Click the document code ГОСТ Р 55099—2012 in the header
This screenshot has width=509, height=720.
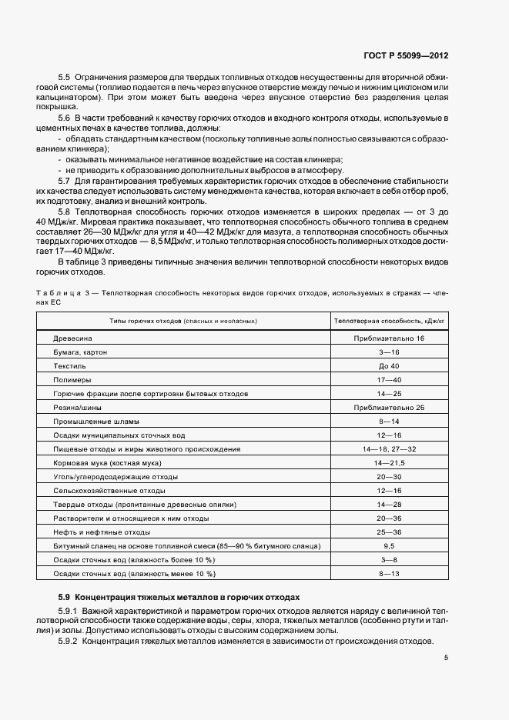pyautogui.click(x=416, y=56)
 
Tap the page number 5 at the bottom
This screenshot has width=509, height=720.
pyautogui.click(x=447, y=658)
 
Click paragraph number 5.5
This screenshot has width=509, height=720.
pyautogui.click(x=65, y=78)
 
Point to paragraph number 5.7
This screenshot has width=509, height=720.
pyautogui.click(x=65, y=179)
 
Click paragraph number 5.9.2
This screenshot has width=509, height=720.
pyautogui.click(x=70, y=642)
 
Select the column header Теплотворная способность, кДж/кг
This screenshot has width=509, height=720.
pyautogui.click(x=389, y=319)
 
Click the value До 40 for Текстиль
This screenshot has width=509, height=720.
pyautogui.click(x=388, y=365)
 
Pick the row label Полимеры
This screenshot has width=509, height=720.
pyautogui.click(x=72, y=379)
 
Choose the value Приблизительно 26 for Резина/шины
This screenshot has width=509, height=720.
pyautogui.click(x=388, y=407)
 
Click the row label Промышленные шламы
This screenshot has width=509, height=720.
pyautogui.click(x=95, y=421)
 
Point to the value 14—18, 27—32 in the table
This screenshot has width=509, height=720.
pyautogui.click(x=388, y=448)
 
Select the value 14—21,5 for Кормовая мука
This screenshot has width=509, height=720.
pyautogui.click(x=388, y=462)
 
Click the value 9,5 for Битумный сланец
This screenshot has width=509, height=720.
pyautogui.click(x=388, y=545)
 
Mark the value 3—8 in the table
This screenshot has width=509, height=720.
pyautogui.click(x=388, y=559)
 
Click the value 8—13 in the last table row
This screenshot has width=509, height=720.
pyautogui.click(x=388, y=573)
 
